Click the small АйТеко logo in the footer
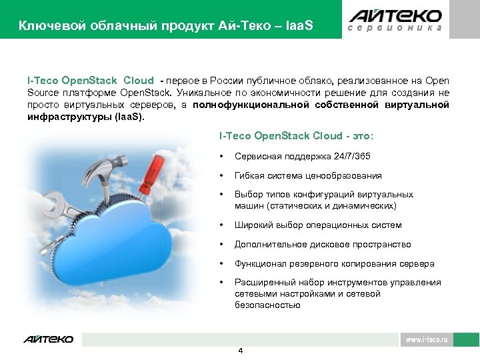(49, 339)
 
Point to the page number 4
(241, 351)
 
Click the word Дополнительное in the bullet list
(267, 244)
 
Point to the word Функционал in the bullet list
(261, 263)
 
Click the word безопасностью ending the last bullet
(267, 305)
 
